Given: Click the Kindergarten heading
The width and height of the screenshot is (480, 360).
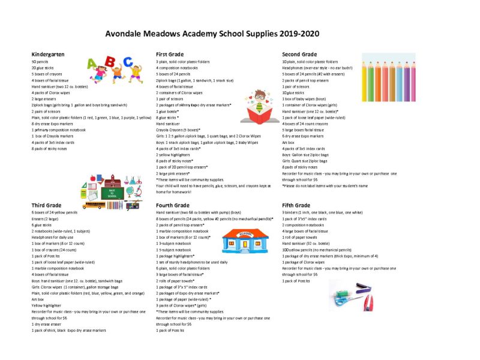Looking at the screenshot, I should (x=48, y=55).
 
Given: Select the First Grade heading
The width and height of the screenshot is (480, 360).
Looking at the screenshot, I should (x=169, y=55).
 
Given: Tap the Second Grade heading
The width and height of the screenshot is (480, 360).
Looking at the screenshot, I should (x=299, y=55).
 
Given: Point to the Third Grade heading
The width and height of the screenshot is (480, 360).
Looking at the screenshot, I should (x=46, y=205).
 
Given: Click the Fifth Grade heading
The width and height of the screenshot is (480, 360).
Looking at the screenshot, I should (x=296, y=205).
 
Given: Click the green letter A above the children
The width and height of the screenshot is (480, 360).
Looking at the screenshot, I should (x=94, y=63).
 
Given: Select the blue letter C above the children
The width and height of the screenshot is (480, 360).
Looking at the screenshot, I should (x=127, y=61).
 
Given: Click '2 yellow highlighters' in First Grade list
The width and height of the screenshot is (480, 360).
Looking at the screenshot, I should (x=173, y=155).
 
